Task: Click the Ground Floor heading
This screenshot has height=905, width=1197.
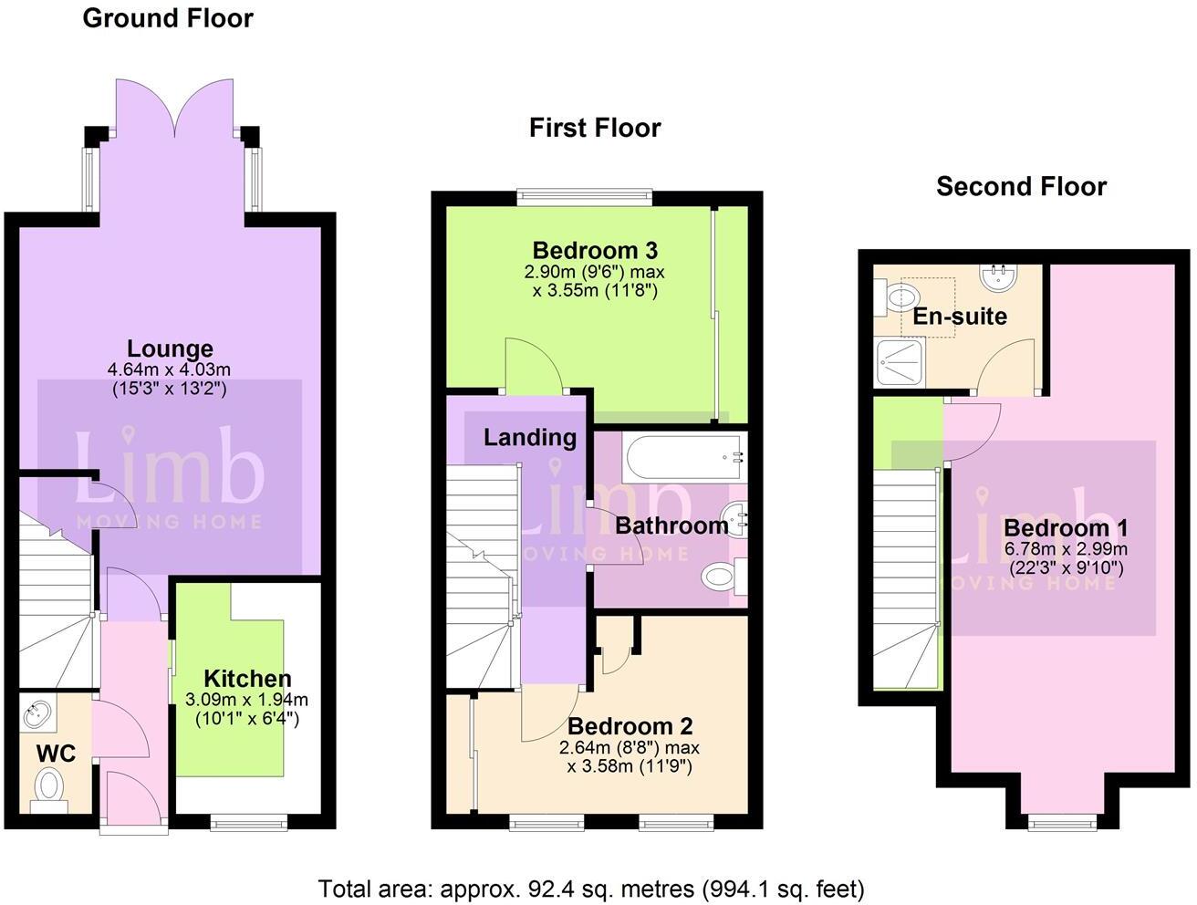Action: (168, 18)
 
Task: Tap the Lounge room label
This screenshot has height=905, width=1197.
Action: (170, 348)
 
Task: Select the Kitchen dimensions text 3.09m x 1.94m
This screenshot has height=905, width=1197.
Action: (246, 700)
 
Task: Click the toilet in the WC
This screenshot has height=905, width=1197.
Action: (48, 785)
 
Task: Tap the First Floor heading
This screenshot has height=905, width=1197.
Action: (595, 128)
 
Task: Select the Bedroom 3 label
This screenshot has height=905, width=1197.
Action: (595, 250)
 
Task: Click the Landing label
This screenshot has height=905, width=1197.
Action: (529, 438)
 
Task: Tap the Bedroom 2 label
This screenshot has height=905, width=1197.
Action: (630, 726)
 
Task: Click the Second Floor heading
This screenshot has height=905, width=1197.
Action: (1021, 187)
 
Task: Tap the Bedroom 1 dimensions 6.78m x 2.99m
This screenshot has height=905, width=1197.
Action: (1066, 549)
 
